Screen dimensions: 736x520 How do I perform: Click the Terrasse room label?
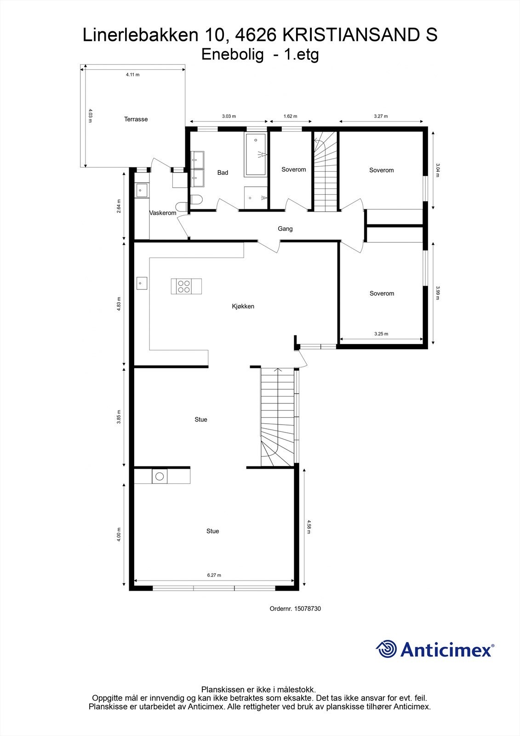pyautogui.click(x=136, y=119)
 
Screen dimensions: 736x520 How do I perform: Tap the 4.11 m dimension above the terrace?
pyautogui.click(x=132, y=75)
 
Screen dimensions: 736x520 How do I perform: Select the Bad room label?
pyautogui.click(x=223, y=172)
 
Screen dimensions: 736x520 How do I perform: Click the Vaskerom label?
pyautogui.click(x=163, y=213)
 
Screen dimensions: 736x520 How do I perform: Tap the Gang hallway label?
pyautogui.click(x=285, y=229)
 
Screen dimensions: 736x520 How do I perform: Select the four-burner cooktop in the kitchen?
pyautogui.click(x=184, y=286)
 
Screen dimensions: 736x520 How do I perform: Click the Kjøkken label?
pyautogui.click(x=243, y=306)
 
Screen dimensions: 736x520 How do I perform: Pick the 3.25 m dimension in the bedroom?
pyautogui.click(x=381, y=334)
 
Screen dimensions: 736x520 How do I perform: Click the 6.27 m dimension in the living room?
pyautogui.click(x=214, y=575)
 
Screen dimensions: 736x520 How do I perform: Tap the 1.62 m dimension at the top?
pyautogui.click(x=290, y=116)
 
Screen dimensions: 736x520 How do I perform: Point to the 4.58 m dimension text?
pyautogui.click(x=309, y=527)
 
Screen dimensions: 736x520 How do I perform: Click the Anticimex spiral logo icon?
pyautogui.click(x=386, y=649)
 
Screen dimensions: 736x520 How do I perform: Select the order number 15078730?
pyautogui.click(x=307, y=609)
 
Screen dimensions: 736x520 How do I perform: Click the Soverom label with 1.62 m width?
pyautogui.click(x=293, y=170)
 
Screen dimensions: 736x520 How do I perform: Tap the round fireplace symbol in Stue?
pyautogui.click(x=159, y=477)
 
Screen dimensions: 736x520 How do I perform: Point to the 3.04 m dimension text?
pyautogui.click(x=438, y=170)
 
